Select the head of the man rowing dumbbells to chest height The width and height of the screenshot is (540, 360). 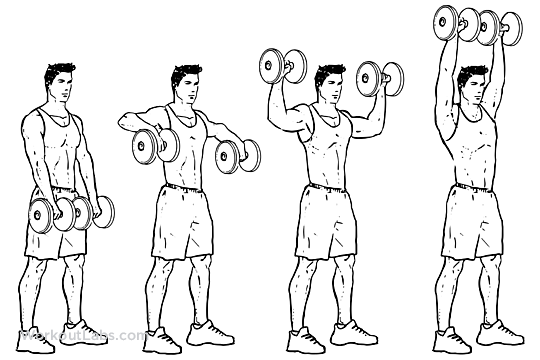[186, 86]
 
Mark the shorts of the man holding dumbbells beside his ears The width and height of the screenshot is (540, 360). [324, 220]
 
